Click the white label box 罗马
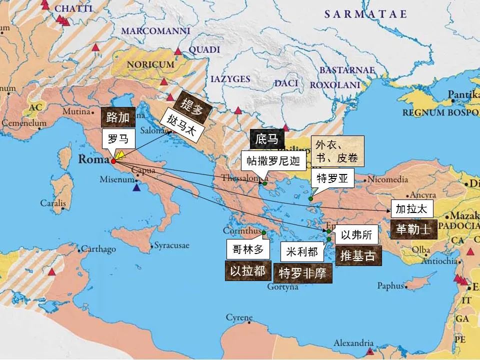point(118,139)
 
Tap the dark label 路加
point(117,118)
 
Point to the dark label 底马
point(266,139)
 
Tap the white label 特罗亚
point(332,177)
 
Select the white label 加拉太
point(411,209)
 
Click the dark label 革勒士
point(413,229)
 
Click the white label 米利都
point(302,252)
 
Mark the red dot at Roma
point(113,161)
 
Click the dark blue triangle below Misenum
point(137,188)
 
